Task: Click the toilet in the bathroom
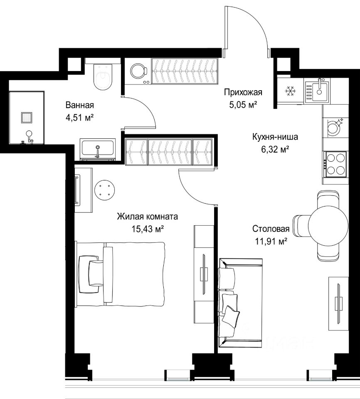103,76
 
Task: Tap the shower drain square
27,118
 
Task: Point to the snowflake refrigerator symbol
290,91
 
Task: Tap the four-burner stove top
335,165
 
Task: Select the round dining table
328,225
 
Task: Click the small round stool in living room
104,190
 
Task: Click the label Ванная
80,105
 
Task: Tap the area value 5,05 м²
243,105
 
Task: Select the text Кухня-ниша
275,137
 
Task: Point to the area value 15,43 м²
148,229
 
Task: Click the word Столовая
271,229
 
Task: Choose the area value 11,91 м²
271,241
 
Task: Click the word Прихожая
243,92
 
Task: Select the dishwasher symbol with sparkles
334,126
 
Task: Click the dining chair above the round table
328,199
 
